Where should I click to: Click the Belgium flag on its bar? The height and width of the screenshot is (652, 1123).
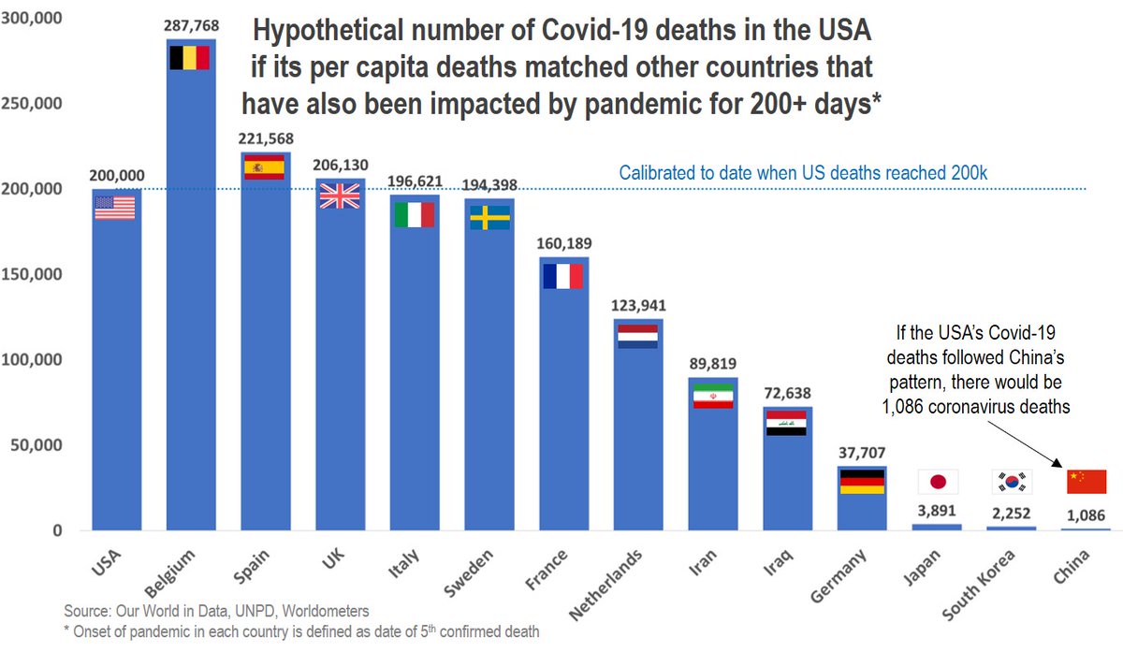[189, 58]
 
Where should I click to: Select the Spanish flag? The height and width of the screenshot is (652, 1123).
[264, 167]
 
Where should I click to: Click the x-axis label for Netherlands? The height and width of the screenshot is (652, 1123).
[608, 584]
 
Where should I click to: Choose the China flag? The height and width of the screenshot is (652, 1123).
[1087, 481]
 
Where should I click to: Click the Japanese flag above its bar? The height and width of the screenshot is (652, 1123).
[937, 482]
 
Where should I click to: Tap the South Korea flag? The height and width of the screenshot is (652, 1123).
[1012, 482]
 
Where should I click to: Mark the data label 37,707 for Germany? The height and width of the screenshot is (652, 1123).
[862, 454]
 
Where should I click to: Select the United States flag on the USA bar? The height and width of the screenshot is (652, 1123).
[115, 208]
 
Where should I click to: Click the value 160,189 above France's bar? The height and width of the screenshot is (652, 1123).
[563, 244]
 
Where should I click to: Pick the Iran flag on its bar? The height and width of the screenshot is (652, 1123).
[713, 396]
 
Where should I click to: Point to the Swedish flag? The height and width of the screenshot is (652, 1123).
[489, 217]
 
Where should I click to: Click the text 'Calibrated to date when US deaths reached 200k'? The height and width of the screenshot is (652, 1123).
[803, 172]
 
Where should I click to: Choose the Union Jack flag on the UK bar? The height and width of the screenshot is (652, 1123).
[339, 195]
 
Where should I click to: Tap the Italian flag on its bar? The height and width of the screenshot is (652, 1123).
[414, 214]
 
